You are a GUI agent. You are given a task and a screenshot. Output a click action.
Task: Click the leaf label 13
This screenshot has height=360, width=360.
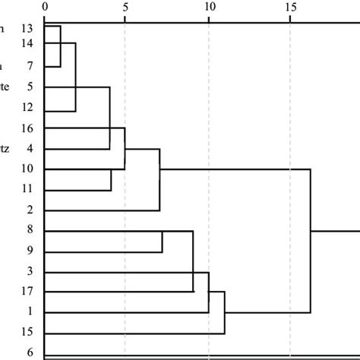[27, 28]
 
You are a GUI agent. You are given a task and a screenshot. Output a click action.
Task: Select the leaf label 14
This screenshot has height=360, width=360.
[27, 44]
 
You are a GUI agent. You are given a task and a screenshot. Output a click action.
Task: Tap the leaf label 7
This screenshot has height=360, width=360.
[29, 68]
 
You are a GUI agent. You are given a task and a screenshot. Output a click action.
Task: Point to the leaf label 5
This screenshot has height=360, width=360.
[29, 87]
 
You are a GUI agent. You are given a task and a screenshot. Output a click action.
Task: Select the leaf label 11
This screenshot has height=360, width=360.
[27, 188]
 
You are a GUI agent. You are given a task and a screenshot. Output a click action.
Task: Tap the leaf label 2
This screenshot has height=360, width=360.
[29, 210]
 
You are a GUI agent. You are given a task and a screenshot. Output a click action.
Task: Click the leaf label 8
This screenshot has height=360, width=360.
[29, 230]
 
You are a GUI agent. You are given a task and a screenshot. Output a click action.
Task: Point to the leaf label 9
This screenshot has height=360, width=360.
[29, 251]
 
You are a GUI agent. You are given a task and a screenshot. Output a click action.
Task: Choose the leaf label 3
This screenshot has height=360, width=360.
[29, 271]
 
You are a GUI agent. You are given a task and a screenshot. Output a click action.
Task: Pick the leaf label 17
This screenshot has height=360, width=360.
[27, 292]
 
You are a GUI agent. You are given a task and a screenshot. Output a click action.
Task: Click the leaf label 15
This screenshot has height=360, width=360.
[27, 333]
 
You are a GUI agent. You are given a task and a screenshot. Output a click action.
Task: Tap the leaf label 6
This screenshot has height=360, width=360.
[29, 352]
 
